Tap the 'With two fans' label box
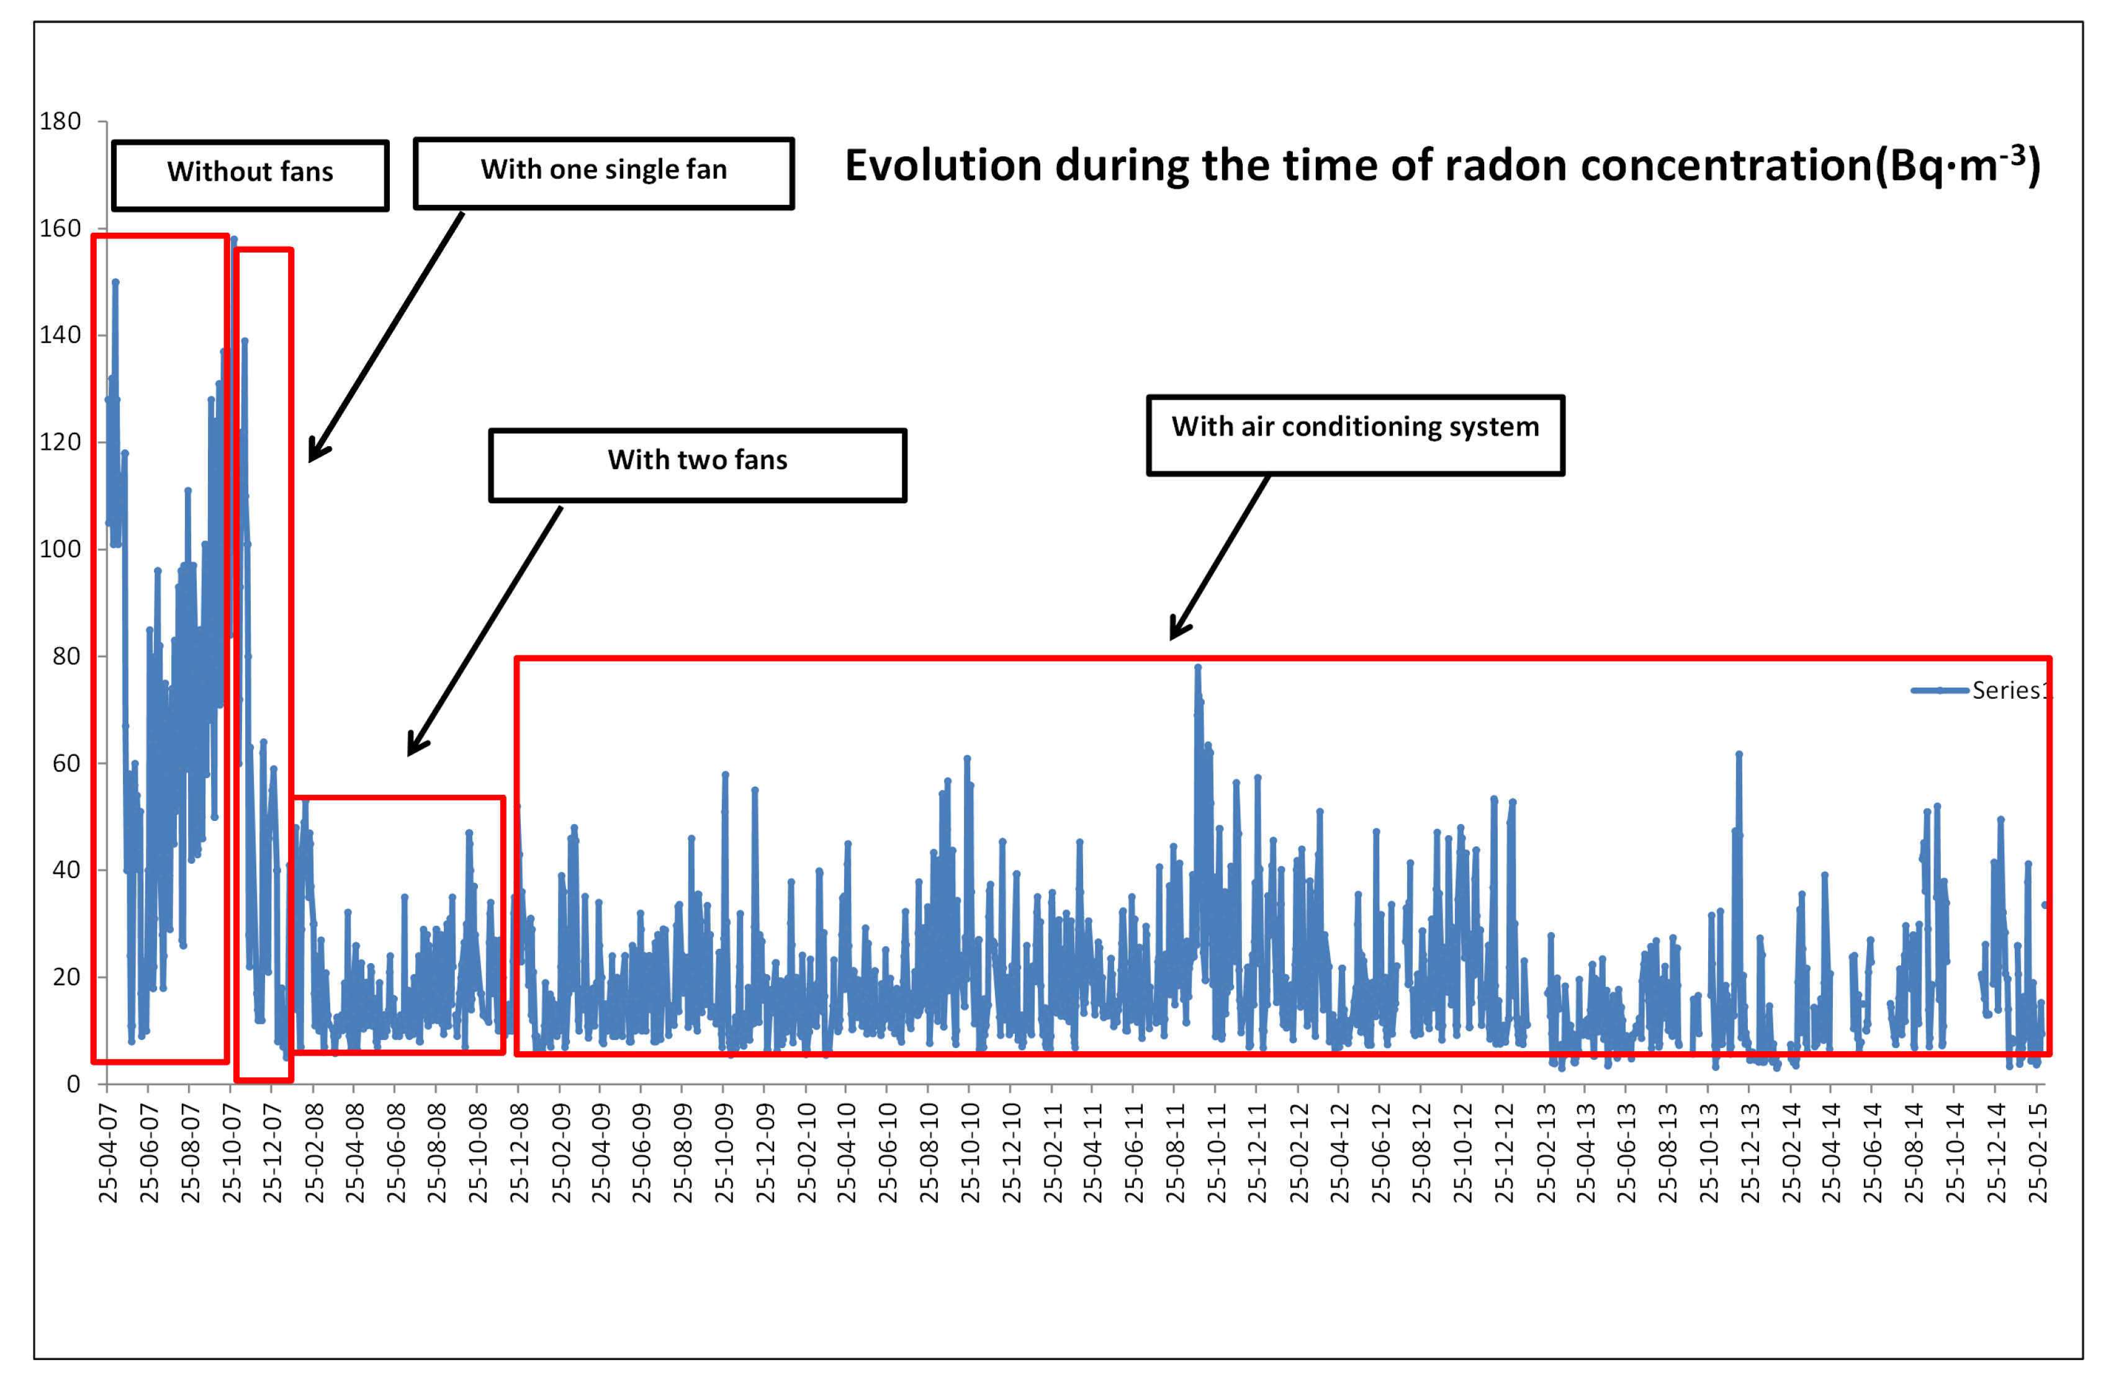click(696, 465)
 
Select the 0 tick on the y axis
click(73, 1083)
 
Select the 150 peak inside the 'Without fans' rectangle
click(115, 282)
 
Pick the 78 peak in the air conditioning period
click(1197, 667)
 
